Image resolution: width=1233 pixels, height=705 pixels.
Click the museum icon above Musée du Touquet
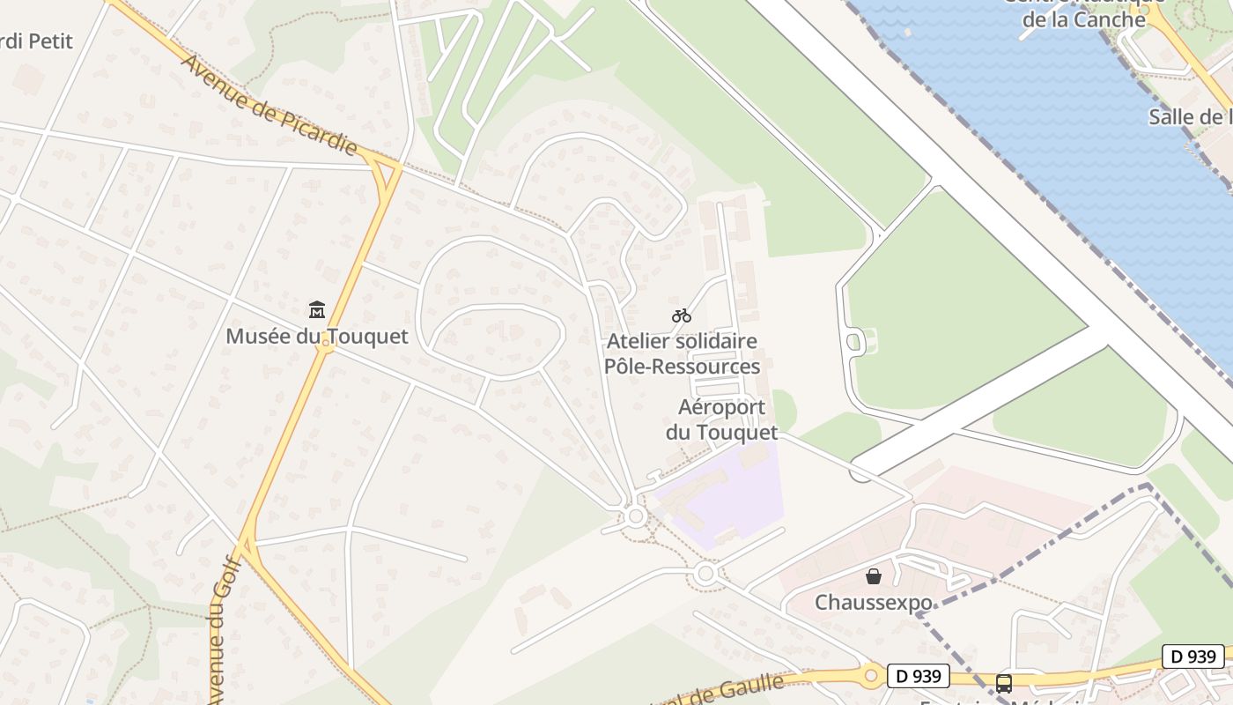pyautogui.click(x=317, y=309)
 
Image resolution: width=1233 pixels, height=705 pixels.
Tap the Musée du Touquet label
pyautogui.click(x=317, y=336)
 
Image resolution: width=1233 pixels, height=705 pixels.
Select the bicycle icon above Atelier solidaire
pyautogui.click(x=681, y=315)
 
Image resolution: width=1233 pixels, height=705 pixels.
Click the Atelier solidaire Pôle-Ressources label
pyautogui.click(x=682, y=353)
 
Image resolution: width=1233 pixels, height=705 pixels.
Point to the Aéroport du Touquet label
pyautogui.click(x=722, y=419)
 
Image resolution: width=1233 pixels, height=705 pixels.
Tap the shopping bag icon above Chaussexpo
pyautogui.click(x=873, y=576)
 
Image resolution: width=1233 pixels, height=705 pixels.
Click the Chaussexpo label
pyautogui.click(x=873, y=603)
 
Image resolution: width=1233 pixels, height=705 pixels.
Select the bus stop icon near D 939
pyautogui.click(x=1003, y=683)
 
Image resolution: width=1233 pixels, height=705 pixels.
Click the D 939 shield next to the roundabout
pyautogui.click(x=919, y=676)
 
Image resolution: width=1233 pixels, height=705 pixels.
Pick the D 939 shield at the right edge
pyautogui.click(x=1193, y=656)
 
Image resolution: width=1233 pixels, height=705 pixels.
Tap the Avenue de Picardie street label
pyautogui.click(x=269, y=105)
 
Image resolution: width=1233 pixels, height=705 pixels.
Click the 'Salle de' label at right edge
pyautogui.click(x=1189, y=117)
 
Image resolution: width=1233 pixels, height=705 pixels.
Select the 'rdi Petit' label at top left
pyautogui.click(x=37, y=41)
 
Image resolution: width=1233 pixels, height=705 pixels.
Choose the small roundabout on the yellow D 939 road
pyautogui.click(x=871, y=676)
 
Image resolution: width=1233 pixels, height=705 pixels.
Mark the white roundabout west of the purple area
pyautogui.click(x=635, y=516)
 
